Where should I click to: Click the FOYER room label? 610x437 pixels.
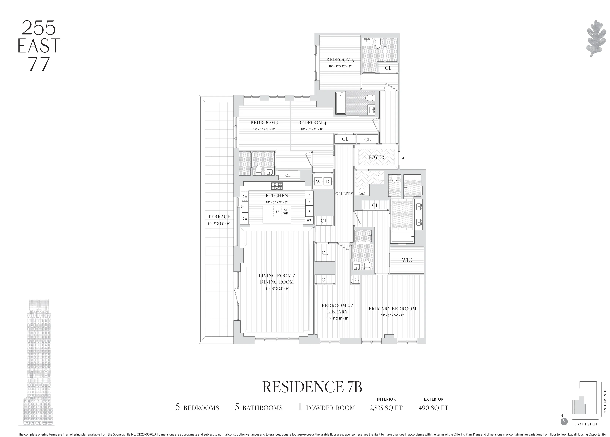(x=376, y=157)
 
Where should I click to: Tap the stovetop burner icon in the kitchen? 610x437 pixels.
(x=277, y=186)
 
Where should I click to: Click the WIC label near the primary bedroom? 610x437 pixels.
(x=407, y=260)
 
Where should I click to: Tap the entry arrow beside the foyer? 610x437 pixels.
(x=403, y=158)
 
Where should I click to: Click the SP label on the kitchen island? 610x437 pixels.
(x=277, y=212)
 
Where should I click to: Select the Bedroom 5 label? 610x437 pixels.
(x=340, y=60)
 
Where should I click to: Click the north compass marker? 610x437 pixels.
(x=564, y=429)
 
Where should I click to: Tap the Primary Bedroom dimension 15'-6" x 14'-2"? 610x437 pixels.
(x=392, y=315)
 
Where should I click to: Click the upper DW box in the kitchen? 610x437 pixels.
(x=244, y=196)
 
